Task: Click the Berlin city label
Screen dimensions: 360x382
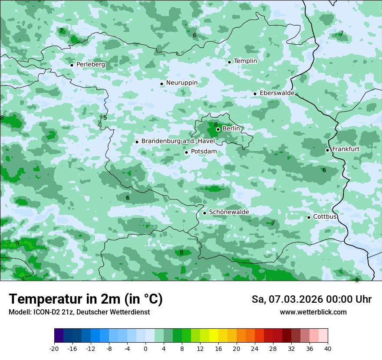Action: (231, 129)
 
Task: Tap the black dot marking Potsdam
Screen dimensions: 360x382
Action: (186, 152)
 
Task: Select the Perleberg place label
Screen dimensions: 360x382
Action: (91, 65)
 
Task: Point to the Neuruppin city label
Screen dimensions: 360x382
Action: (182, 83)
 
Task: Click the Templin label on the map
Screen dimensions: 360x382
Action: (245, 61)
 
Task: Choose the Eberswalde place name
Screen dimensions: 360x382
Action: (277, 93)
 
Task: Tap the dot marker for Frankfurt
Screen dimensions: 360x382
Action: (327, 150)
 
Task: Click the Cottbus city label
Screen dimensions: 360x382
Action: (325, 216)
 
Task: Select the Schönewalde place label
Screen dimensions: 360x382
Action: (229, 212)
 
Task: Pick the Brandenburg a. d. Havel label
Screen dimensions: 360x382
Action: (178, 141)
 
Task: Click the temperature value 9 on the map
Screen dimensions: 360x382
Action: (17, 243)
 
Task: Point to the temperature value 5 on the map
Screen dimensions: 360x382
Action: (105, 118)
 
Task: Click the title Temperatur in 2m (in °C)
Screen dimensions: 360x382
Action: (86, 299)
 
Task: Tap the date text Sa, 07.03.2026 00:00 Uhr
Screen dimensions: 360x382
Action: (311, 299)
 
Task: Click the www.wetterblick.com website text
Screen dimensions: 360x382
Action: (313, 312)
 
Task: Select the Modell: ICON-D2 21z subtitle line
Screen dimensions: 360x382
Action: (79, 312)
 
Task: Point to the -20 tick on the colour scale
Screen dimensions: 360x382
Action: (54, 349)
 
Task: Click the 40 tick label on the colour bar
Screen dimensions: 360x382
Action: (328, 349)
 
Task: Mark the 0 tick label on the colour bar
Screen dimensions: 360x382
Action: (145, 349)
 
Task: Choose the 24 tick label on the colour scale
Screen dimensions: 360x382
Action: (255, 349)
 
